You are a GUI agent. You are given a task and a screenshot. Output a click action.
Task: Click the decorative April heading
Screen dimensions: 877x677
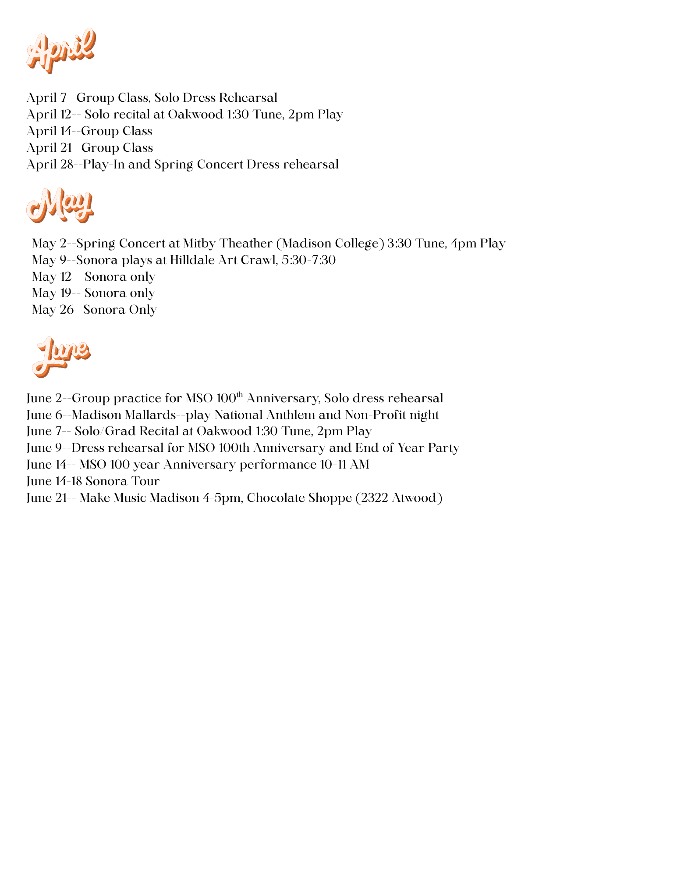61,50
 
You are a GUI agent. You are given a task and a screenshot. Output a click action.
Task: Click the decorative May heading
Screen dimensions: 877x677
60,205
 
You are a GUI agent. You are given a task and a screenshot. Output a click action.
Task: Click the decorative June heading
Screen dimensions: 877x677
61,356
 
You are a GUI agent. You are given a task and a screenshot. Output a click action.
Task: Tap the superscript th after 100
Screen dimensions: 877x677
239,394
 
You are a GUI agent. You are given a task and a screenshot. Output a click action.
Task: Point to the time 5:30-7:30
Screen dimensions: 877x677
308,260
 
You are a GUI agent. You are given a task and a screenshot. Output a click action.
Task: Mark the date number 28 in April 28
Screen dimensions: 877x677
67,164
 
